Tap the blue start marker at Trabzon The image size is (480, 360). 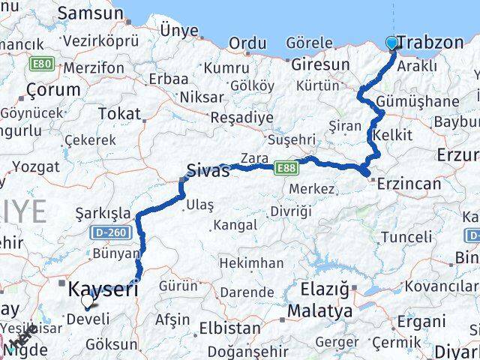(392, 43)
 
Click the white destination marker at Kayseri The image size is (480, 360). (88, 300)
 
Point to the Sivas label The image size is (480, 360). (208, 169)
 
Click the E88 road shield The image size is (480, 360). (285, 167)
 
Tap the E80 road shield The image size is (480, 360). (41, 64)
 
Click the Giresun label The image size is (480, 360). (320, 64)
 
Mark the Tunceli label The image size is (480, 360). (406, 237)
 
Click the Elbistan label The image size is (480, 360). (230, 328)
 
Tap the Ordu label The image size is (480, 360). (247, 43)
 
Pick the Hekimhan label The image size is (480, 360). (251, 262)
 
